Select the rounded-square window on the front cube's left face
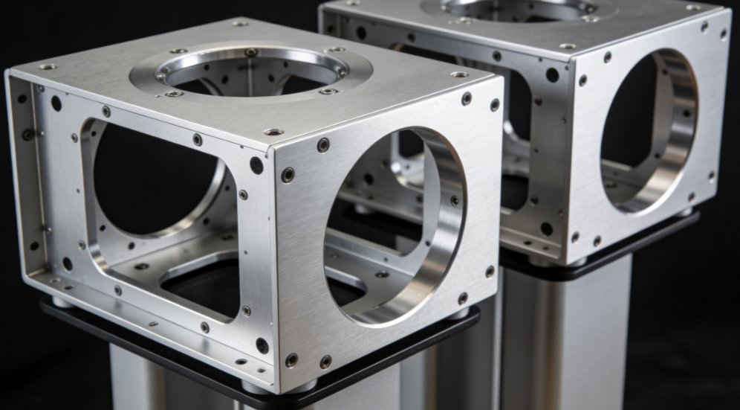tap(160, 179)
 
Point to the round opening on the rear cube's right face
tap(646, 130)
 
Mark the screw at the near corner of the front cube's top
tap(273, 132)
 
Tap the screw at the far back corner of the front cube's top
tap(240, 23)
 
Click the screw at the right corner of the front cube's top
tap(460, 74)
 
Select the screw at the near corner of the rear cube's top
tap(568, 46)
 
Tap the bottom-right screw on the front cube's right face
tap(490, 272)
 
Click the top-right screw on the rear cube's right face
tap(723, 33)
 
